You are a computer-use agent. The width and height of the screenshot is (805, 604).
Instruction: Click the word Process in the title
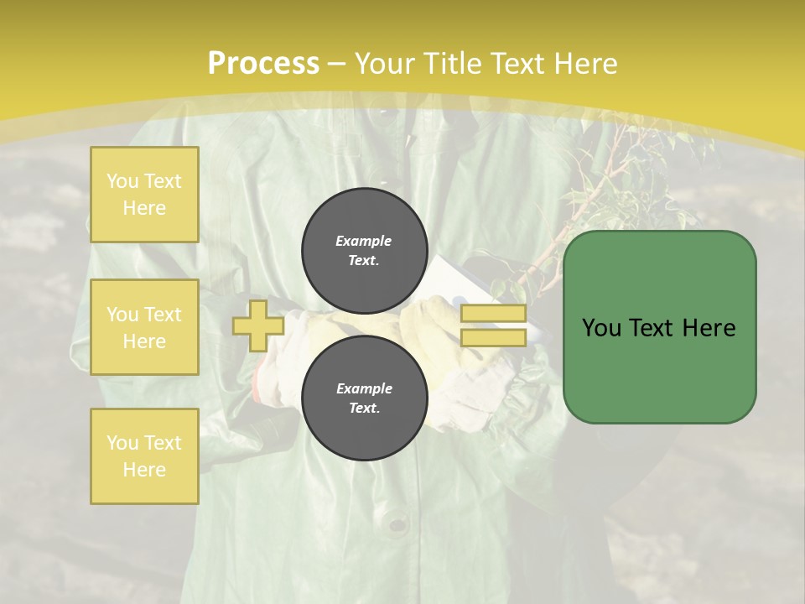(x=263, y=64)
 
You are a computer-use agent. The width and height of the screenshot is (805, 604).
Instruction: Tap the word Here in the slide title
(x=584, y=64)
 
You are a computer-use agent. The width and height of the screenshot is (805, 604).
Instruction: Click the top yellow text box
(x=144, y=195)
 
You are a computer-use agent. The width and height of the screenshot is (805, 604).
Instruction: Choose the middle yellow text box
(x=144, y=327)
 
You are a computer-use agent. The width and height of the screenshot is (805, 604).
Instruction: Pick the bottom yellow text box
(x=144, y=456)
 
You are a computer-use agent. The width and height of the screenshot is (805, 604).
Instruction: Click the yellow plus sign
(x=257, y=325)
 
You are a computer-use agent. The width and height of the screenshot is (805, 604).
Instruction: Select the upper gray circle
(x=363, y=250)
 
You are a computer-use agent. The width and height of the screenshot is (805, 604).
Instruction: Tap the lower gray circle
(x=363, y=398)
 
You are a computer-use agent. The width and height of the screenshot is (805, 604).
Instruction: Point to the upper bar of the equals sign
(x=493, y=314)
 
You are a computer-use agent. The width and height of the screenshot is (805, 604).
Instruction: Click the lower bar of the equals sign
(x=493, y=337)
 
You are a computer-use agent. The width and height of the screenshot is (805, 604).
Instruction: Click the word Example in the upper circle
(x=363, y=241)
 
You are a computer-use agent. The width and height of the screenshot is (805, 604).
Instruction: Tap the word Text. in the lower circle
(x=363, y=409)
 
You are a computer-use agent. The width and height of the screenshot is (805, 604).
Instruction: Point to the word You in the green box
(x=601, y=328)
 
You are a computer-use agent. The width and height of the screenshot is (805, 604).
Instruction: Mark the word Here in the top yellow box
(x=144, y=208)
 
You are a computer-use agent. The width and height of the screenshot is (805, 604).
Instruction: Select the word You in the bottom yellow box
(x=122, y=443)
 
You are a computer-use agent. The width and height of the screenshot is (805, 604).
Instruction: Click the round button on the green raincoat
(x=397, y=525)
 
